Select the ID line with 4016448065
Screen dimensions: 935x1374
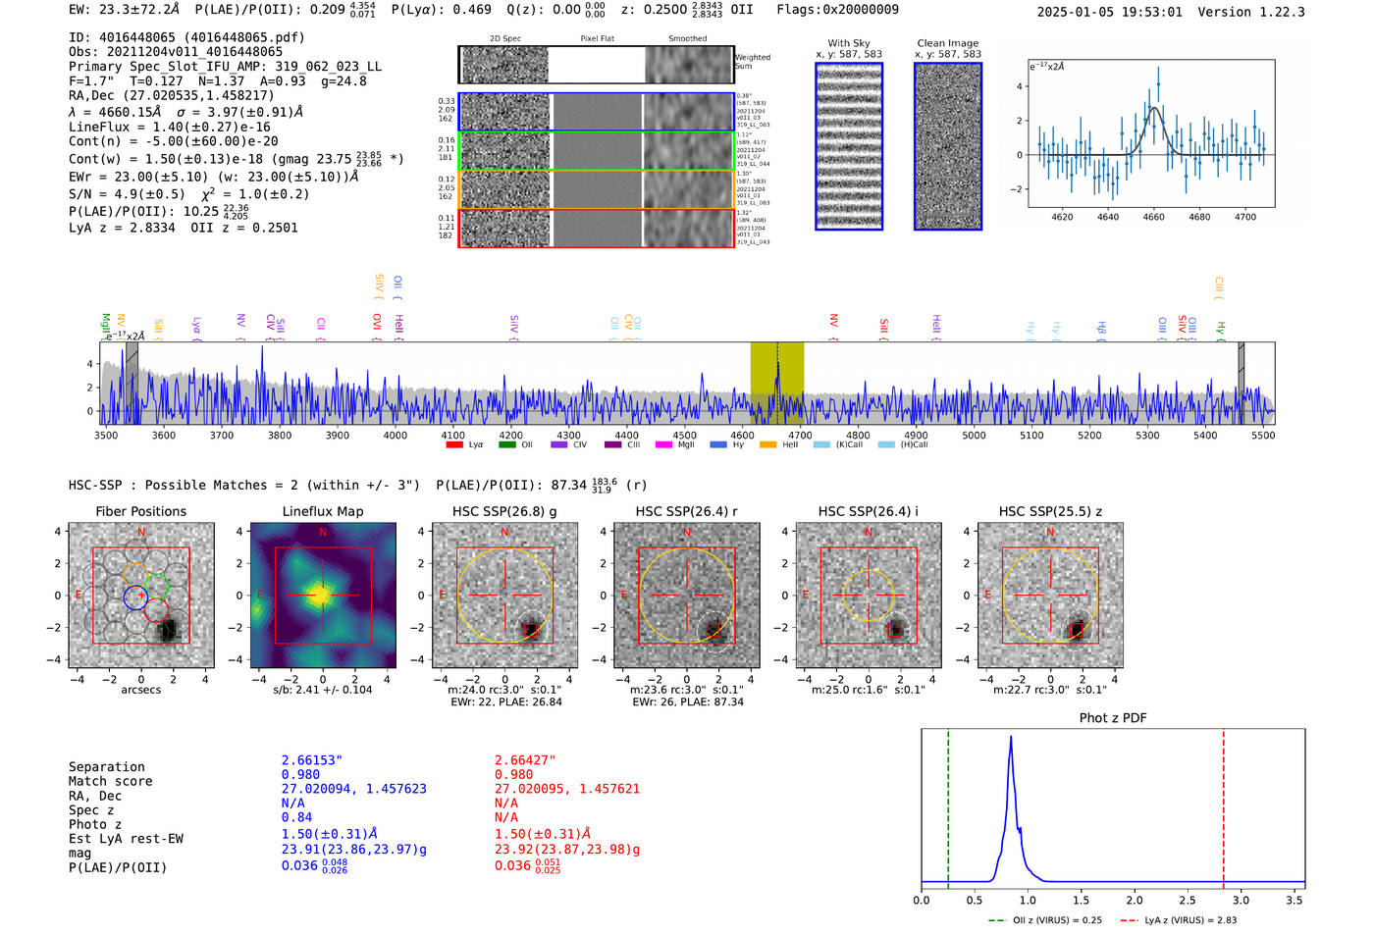[186, 37]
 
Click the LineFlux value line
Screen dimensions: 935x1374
[169, 127]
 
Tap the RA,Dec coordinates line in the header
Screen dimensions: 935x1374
[171, 95]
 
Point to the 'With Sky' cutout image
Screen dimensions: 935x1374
[849, 146]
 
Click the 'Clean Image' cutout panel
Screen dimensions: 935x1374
[948, 146]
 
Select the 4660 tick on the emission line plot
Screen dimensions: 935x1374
[1153, 217]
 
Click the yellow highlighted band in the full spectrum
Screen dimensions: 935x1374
[776, 383]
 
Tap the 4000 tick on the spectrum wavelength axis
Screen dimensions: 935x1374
[395, 435]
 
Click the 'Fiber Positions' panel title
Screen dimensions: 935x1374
[140, 511]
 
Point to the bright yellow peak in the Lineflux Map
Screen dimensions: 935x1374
[320, 595]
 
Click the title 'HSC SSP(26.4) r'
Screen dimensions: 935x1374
[686, 511]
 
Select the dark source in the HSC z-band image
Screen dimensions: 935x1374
[1077, 629]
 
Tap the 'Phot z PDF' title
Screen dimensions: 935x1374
[1113, 718]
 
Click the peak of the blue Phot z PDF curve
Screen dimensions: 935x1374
[1010, 738]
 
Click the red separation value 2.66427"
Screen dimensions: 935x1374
[525, 760]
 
